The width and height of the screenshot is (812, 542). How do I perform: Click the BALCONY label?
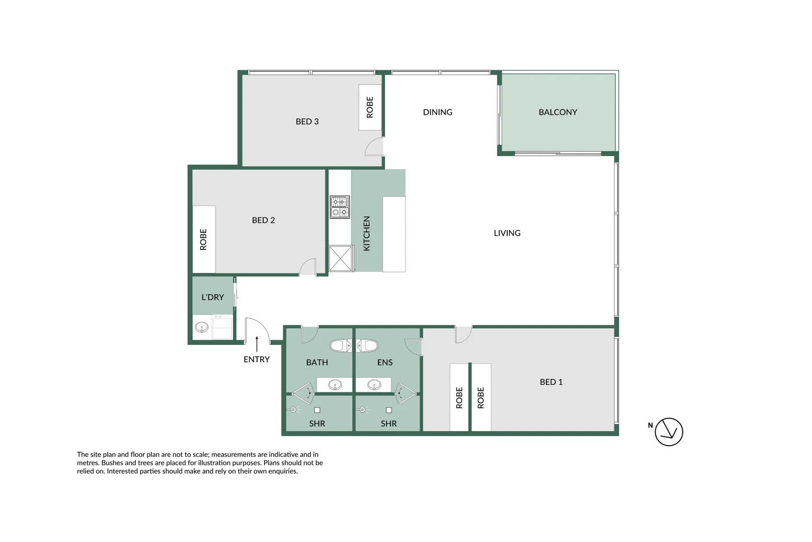pos(557,112)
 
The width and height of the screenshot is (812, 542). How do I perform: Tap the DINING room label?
pos(437,112)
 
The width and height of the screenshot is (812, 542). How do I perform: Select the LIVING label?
pos(507,233)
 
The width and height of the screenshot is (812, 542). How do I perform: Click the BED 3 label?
pos(307,121)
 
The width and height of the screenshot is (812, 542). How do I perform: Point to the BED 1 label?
pos(551,382)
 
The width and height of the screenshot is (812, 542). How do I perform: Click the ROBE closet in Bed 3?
pos(370,107)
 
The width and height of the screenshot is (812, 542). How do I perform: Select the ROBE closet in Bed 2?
pos(204,239)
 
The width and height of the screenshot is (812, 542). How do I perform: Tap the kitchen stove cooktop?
pos(339,207)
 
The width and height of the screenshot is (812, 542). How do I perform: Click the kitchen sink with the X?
pos(340,259)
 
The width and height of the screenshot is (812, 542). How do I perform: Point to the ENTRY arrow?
pos(257,344)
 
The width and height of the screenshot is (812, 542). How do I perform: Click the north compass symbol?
pos(669,432)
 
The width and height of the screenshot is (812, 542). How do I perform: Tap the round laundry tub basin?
pos(201,328)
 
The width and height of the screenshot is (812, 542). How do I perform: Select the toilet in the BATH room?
pos(338,345)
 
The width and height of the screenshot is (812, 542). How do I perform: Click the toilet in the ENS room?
pos(370,345)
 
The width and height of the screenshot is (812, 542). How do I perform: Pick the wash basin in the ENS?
pos(374,385)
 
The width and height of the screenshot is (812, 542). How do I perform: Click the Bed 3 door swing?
pos(375,147)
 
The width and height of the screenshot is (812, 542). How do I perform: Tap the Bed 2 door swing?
pos(308,267)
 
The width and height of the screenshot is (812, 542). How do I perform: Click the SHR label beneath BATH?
pos(317,424)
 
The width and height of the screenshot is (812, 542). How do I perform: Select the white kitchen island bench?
pos(394,234)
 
